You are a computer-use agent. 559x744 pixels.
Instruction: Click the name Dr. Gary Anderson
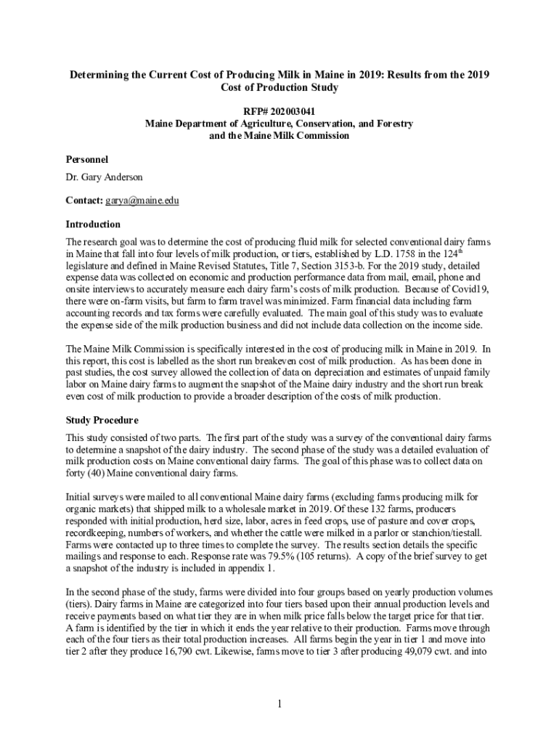pos(105,177)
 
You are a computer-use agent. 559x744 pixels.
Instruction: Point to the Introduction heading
pos(93,224)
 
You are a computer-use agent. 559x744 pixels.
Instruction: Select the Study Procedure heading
pos(102,420)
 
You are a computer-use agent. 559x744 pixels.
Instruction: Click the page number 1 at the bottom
pos(279,703)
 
